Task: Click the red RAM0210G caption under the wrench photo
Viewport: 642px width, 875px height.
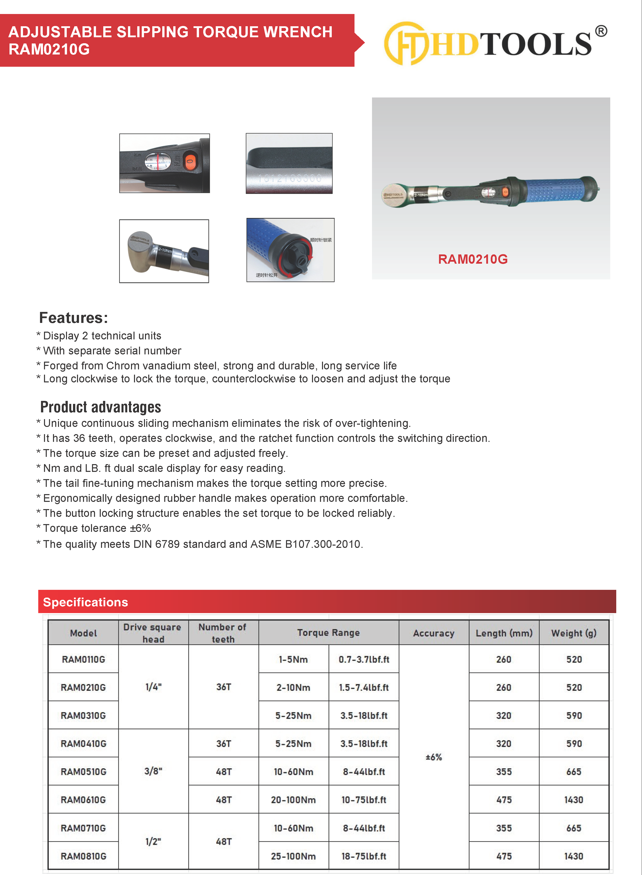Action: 472,259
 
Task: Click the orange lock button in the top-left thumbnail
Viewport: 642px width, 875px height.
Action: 190,160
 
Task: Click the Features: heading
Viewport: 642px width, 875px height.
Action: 73,318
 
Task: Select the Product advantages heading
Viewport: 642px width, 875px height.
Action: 101,407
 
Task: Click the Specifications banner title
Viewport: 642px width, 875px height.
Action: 85,602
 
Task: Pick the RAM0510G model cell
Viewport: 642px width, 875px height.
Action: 83,772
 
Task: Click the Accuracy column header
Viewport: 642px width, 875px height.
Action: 434,633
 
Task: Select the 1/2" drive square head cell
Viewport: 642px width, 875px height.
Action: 153,842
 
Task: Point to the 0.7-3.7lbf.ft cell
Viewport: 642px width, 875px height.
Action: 364,659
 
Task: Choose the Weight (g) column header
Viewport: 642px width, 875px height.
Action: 573,633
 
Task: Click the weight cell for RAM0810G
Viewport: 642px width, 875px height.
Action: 573,856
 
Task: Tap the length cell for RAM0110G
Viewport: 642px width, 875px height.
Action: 504,659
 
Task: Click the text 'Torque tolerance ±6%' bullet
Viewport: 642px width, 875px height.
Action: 97,528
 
